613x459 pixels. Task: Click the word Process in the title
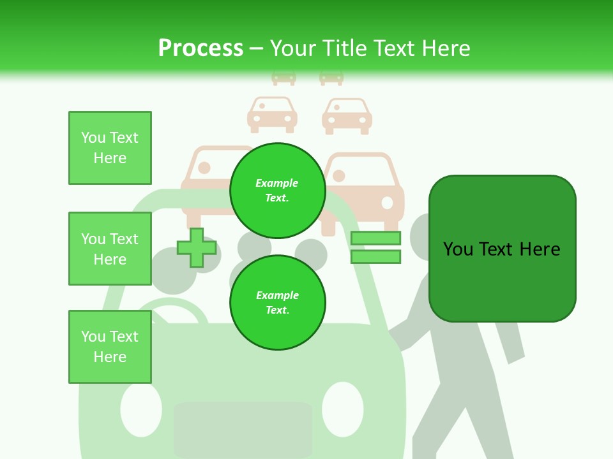click(x=201, y=48)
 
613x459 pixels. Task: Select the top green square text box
click(x=110, y=148)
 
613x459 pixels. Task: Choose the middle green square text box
click(x=110, y=249)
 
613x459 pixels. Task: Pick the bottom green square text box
click(x=110, y=347)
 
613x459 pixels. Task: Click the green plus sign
click(x=197, y=248)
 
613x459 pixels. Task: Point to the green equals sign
click(x=375, y=247)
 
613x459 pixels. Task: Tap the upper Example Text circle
click(x=277, y=191)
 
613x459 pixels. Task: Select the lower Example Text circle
click(x=277, y=303)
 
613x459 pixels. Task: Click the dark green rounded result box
click(x=502, y=249)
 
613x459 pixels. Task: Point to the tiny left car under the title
click(x=284, y=77)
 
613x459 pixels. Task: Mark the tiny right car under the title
click(x=331, y=77)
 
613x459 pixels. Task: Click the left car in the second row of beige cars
click(x=273, y=114)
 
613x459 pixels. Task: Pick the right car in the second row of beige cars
click(x=347, y=115)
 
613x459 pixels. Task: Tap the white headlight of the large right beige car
click(x=387, y=203)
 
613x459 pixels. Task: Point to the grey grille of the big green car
click(x=243, y=427)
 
